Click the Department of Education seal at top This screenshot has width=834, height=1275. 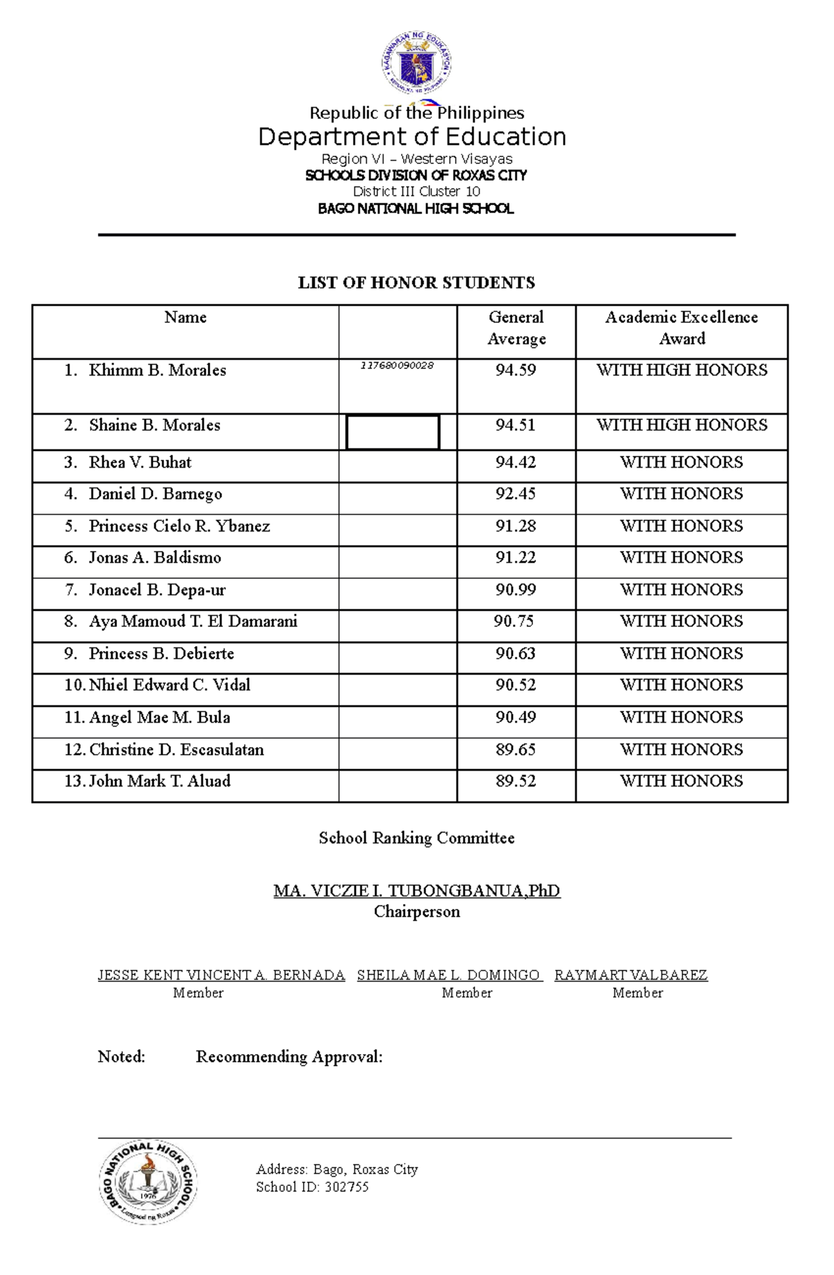(416, 64)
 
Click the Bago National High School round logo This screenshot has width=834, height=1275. (148, 1182)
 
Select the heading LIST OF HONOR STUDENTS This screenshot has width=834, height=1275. (416, 283)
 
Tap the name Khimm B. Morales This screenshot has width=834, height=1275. (157, 370)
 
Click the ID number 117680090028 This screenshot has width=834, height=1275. (397, 365)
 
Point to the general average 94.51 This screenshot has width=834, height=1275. (515, 425)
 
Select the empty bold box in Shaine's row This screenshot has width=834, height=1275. (393, 432)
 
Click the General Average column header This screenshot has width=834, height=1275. (516, 328)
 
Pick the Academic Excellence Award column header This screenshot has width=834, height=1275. (681, 328)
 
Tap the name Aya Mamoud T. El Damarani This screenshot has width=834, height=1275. (193, 622)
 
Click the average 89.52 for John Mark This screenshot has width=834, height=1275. (515, 782)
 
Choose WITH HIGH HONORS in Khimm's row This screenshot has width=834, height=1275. (681, 370)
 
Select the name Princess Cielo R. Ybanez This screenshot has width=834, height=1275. (179, 527)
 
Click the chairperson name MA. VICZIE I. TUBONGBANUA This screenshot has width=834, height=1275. (416, 891)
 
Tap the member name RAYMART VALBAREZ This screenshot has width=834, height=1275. (630, 976)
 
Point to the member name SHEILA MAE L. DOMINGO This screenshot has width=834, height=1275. (448, 976)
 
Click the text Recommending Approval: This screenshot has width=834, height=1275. (289, 1057)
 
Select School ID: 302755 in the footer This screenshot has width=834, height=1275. (312, 1187)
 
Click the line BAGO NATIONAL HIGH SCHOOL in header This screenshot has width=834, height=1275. (416, 208)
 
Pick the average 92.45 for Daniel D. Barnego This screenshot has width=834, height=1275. (515, 494)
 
